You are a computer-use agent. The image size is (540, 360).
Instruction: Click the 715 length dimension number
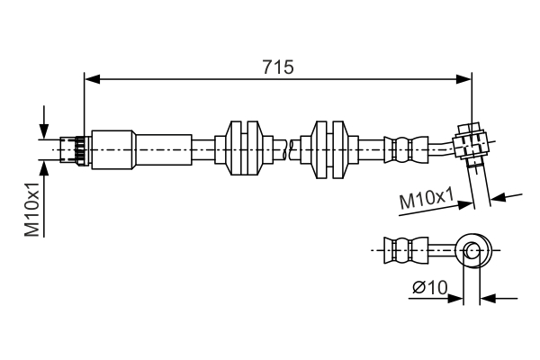(x=278, y=67)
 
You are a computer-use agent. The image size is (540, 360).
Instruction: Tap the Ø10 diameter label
(x=429, y=288)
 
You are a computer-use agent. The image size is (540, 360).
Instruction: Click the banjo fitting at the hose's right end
(x=472, y=144)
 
